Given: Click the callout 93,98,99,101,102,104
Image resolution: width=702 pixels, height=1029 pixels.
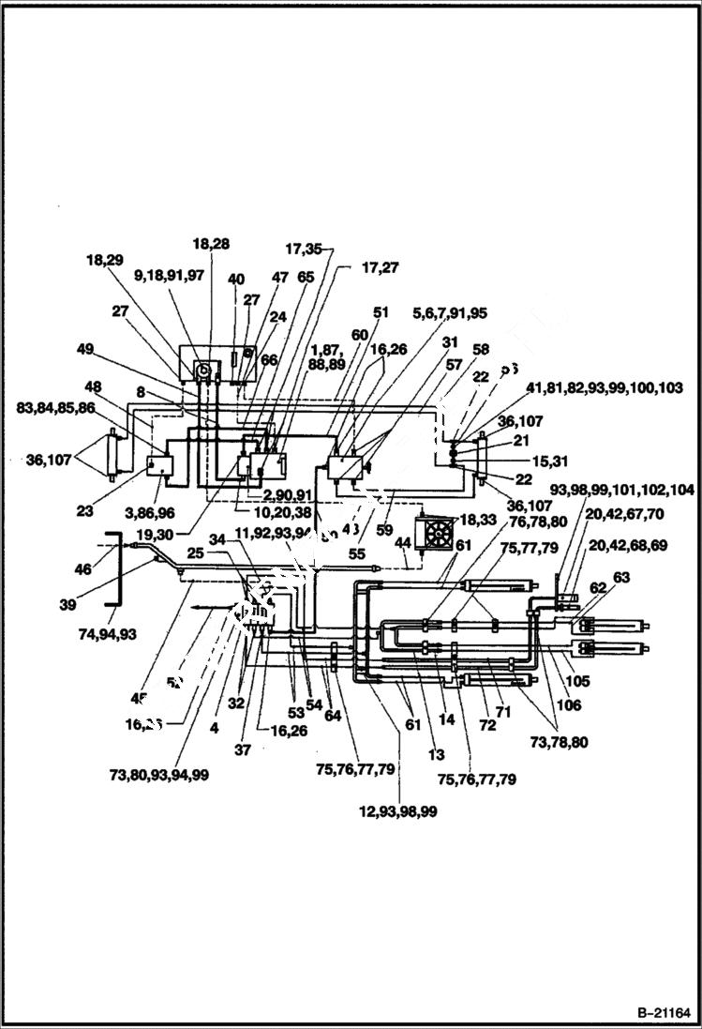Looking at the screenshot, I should (622, 491).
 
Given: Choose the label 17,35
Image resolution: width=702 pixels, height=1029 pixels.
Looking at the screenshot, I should (303, 250).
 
